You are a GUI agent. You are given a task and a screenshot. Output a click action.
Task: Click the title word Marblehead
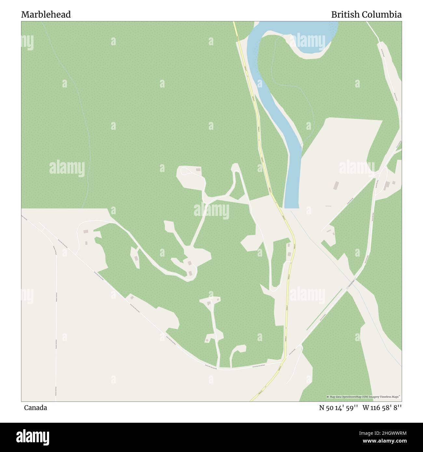tap(46, 15)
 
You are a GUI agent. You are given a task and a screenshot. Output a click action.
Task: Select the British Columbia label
tap(366, 15)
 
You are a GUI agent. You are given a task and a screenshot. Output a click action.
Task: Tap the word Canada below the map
tap(35, 408)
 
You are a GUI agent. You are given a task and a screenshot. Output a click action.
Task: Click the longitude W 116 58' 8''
tap(382, 408)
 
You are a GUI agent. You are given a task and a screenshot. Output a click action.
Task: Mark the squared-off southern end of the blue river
tap(292, 205)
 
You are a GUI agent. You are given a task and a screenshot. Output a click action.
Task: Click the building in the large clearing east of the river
tap(336, 186)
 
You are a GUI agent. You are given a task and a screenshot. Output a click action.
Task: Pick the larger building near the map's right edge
tap(387, 186)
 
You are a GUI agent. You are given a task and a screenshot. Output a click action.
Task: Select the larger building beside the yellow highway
tap(289, 254)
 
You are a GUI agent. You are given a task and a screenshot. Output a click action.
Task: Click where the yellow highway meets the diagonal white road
tap(285, 360)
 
